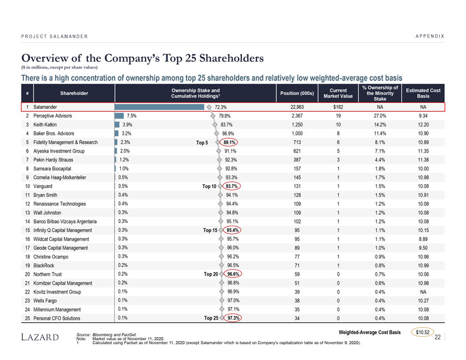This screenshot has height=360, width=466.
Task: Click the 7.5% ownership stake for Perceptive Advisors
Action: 131,115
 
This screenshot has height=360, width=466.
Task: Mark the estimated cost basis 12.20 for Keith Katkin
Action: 423,124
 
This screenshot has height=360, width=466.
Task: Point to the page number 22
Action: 438,337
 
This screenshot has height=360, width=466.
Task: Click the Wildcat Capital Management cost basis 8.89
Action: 423,239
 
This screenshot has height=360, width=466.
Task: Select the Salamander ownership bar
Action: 160,107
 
